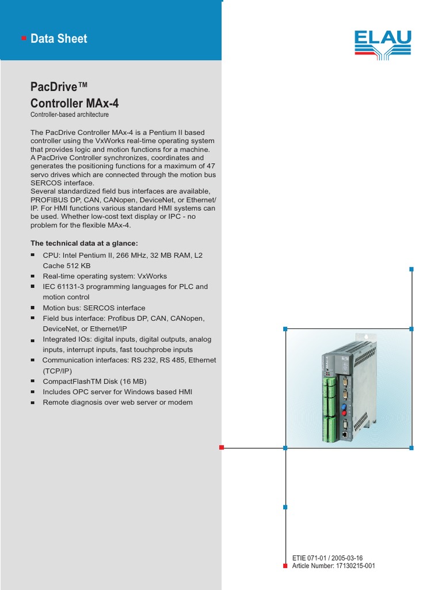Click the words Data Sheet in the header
59,39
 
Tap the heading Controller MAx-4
75,104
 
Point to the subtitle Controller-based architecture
70,115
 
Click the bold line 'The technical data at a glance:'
84,243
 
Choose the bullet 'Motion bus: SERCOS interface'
94,308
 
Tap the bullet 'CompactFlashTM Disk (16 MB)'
94,381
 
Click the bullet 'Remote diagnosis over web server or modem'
117,402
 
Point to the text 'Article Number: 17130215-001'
334,566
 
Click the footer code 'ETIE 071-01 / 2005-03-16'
328,558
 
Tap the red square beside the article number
285,566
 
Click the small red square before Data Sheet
24,39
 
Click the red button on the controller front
344,414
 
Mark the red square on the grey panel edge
221,447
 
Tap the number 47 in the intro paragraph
211,166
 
